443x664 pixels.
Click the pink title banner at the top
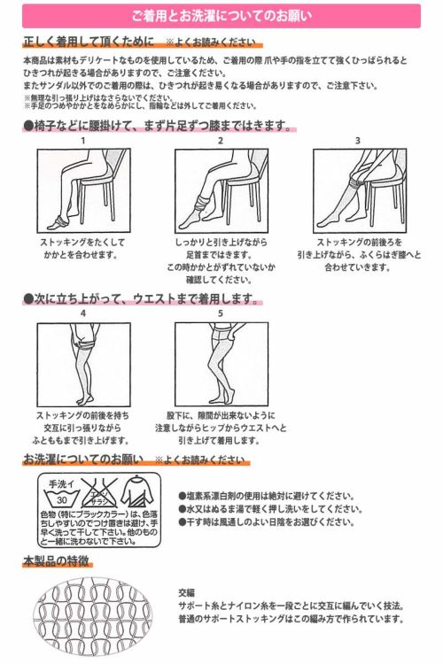[221, 16]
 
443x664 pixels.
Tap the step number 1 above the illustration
[83, 141]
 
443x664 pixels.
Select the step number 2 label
[221, 141]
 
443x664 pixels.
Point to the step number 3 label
[358, 141]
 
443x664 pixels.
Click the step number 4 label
[83, 313]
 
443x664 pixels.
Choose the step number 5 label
[221, 313]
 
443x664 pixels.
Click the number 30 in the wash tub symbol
[62, 499]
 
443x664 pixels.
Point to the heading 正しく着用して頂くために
[89, 42]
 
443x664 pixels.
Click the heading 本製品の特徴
[57, 561]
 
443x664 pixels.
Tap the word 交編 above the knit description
[187, 593]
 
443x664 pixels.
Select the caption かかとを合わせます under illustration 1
[81, 255]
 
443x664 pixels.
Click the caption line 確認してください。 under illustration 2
[220, 280]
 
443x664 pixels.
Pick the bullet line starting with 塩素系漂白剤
[267, 496]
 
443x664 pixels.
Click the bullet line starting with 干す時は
[267, 522]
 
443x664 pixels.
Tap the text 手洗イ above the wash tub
[62, 484]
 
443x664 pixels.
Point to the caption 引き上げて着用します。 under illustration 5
[219, 440]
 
